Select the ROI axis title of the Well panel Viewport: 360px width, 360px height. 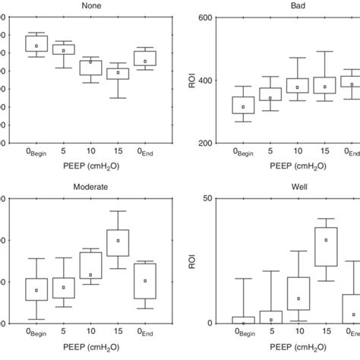coord(191,261)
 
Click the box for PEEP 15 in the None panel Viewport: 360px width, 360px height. coord(118,73)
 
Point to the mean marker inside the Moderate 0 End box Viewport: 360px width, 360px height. coord(145,281)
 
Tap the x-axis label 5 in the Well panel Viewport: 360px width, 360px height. coord(271,332)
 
